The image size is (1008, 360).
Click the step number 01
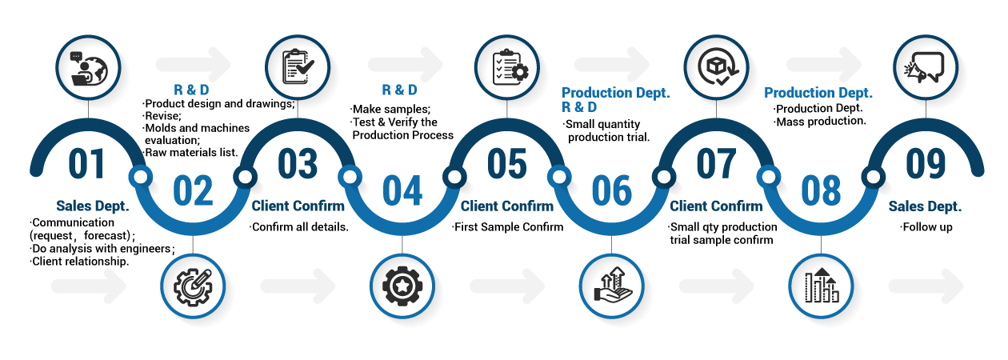click(86, 163)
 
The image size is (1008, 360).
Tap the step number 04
click(402, 190)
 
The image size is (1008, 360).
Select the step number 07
click(716, 163)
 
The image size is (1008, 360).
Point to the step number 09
click(926, 163)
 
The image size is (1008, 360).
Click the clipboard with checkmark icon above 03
click(298, 67)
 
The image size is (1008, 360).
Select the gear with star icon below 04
click(402, 286)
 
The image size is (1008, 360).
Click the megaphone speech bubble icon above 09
click(925, 67)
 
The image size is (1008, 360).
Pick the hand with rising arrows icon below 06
click(613, 285)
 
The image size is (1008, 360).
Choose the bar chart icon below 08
click(822, 286)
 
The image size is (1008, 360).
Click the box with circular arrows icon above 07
click(718, 67)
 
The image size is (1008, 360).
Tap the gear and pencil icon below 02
click(193, 286)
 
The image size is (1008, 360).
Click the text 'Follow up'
click(926, 227)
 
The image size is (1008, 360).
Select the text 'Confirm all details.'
click(299, 227)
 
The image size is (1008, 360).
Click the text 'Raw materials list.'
click(190, 153)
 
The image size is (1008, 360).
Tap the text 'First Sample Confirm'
click(507, 227)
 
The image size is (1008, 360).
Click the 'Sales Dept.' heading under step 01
click(93, 206)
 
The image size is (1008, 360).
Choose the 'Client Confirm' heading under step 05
click(507, 206)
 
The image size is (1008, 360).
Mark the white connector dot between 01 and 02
click(141, 177)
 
